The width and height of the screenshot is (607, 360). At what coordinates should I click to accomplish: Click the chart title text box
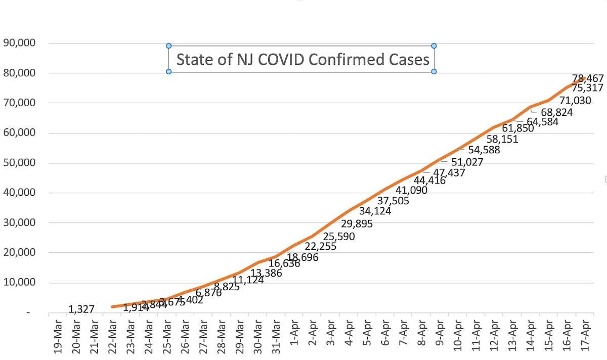point(302,59)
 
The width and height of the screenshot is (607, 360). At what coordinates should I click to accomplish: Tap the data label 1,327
point(81,309)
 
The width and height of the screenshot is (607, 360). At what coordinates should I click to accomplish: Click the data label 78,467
point(588,78)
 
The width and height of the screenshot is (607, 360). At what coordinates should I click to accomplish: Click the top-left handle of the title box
point(169,46)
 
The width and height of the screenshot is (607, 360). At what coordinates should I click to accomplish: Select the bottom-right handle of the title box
point(434,72)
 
